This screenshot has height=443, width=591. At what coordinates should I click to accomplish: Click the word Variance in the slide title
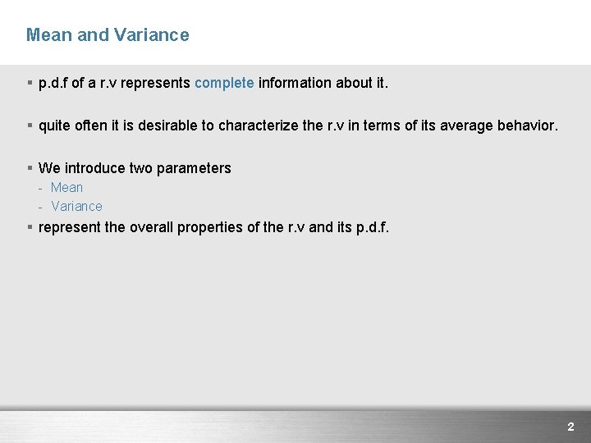152,35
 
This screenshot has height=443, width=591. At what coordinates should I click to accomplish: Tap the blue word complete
224,83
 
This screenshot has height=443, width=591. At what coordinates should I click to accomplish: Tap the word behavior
527,126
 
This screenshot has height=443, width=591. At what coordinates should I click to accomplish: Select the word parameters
197,168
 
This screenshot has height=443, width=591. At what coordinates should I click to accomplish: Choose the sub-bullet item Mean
66,188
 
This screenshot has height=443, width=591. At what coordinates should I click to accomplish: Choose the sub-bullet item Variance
76,207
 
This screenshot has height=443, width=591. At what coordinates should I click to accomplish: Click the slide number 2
570,427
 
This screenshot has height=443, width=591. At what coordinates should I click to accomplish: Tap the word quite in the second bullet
54,126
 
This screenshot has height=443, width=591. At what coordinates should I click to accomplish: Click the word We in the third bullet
49,168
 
